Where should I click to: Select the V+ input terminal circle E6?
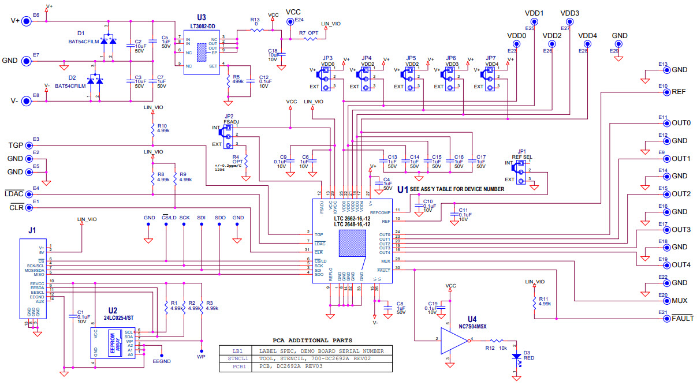coord(27,21)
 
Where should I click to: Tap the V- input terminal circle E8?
coord(27,101)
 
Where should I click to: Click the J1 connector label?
coord(32,230)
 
